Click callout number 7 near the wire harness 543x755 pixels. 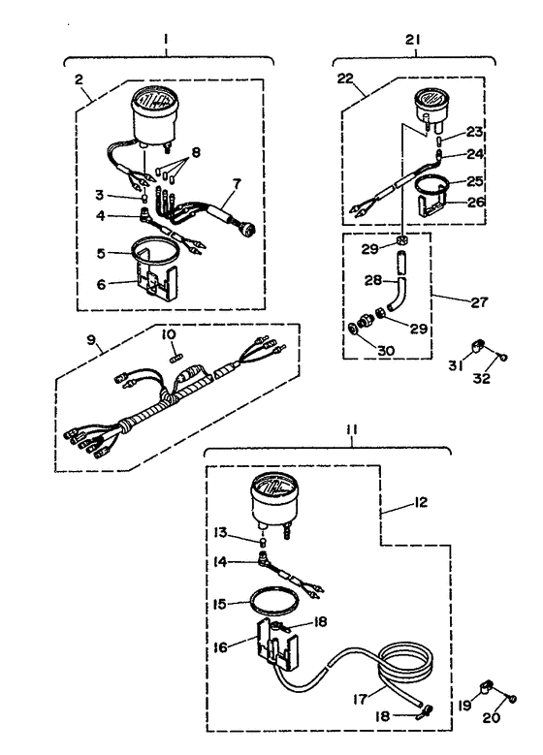(x=237, y=183)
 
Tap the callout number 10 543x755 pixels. (x=169, y=333)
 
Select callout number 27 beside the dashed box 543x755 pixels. (x=479, y=302)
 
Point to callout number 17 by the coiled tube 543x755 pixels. (x=361, y=699)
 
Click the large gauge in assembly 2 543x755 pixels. (x=154, y=115)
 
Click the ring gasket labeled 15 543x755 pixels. (x=273, y=600)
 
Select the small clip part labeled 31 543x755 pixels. (x=478, y=346)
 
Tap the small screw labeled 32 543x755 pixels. (x=504, y=357)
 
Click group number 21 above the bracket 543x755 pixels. (x=412, y=39)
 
